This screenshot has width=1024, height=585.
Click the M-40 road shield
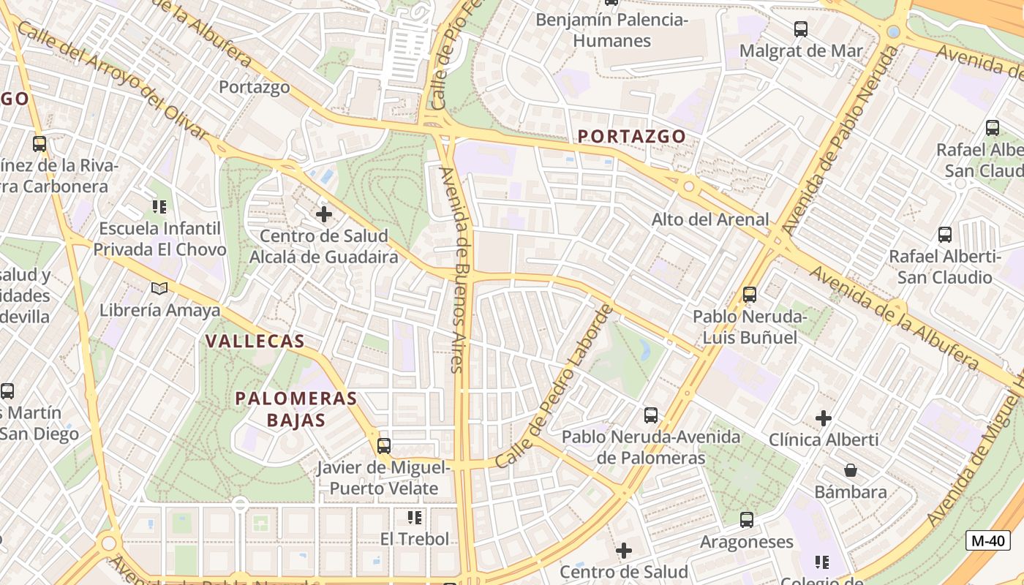coord(987,541)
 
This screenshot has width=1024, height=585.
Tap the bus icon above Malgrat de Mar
coord(801,29)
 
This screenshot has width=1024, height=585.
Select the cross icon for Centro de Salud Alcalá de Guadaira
coord(323,214)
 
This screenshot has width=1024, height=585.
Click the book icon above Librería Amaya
coord(159,288)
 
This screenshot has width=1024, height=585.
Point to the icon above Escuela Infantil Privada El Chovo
coord(159,207)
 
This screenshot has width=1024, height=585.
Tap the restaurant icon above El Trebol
coord(415,518)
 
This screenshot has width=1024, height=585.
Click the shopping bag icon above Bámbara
coord(850,469)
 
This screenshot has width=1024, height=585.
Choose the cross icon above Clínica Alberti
coord(824,418)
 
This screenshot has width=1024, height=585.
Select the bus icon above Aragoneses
coord(746,520)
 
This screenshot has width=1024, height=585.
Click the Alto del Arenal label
coord(710,219)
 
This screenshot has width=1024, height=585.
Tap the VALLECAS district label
coord(255,341)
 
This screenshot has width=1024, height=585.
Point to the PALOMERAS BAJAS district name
coord(295,409)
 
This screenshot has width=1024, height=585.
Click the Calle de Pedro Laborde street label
coord(554,387)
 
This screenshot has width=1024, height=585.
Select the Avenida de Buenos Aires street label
coord(458,270)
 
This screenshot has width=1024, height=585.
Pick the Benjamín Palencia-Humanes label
coord(611,30)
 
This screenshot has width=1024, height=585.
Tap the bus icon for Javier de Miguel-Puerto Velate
coord(384,445)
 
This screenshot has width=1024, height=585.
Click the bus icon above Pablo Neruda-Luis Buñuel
coord(750,295)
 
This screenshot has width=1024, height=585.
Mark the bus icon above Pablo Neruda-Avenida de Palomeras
coord(651,415)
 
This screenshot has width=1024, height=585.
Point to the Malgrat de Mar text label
coord(801,51)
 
